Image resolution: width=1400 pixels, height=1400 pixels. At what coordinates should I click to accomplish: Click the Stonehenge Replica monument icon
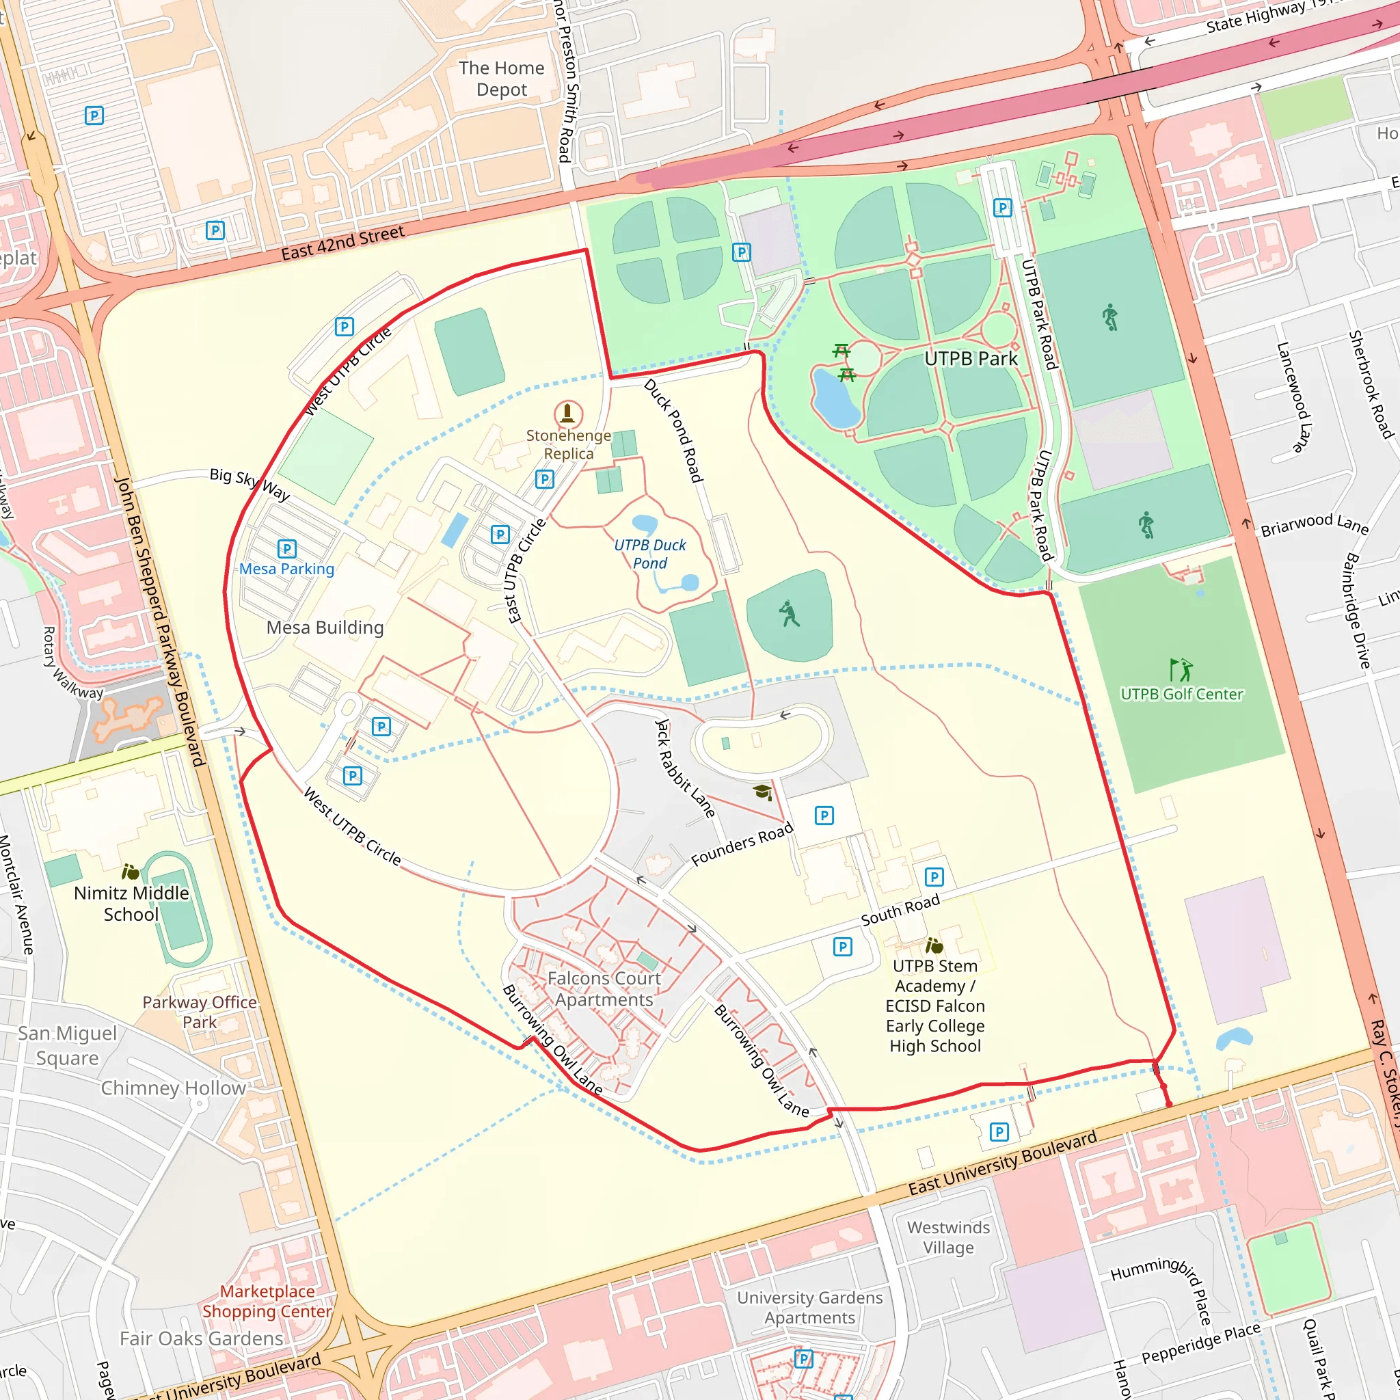point(567,414)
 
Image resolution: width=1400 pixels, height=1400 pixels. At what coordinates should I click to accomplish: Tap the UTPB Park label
point(970,359)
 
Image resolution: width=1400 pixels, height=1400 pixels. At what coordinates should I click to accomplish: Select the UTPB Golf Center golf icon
point(1181,669)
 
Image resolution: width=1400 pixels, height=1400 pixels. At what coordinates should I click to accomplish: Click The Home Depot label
point(502,78)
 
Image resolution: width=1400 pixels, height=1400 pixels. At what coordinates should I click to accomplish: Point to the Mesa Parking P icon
point(287,548)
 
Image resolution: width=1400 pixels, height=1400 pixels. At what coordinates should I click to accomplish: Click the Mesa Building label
point(325,628)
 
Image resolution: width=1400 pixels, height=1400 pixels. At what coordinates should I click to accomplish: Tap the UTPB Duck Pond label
point(650,554)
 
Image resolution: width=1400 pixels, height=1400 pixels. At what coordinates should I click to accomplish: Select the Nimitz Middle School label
point(131,903)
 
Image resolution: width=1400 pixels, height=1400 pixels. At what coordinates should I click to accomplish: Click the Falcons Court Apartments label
point(604,988)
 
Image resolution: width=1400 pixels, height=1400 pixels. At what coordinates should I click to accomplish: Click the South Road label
point(900,909)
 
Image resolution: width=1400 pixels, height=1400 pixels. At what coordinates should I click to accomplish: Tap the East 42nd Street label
point(342,243)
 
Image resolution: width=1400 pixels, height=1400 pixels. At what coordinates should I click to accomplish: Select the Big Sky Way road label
point(250,484)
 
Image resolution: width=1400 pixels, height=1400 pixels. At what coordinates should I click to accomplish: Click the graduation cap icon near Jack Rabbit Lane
point(762,792)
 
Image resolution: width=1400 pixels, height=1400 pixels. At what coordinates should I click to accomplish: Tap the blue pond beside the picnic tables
point(835,399)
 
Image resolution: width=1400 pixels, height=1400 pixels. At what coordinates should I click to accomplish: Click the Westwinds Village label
point(948,1237)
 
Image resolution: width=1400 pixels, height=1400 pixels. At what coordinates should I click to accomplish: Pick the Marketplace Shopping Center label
point(267,1302)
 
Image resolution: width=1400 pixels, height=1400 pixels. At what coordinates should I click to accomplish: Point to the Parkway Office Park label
point(200,1012)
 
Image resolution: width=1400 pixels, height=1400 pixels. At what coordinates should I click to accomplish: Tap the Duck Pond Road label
point(674,431)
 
